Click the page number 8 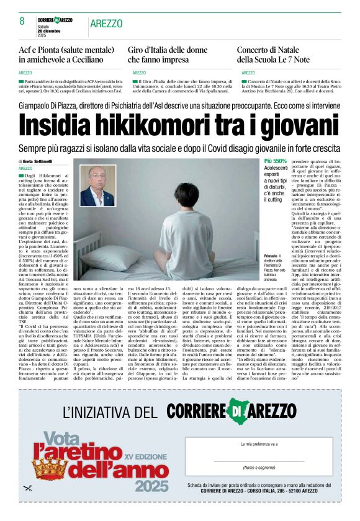tap(21, 21)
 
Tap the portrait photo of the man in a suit tap(98, 185)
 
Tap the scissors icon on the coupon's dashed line tap(27, 488)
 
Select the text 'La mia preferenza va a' tap(259, 444)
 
